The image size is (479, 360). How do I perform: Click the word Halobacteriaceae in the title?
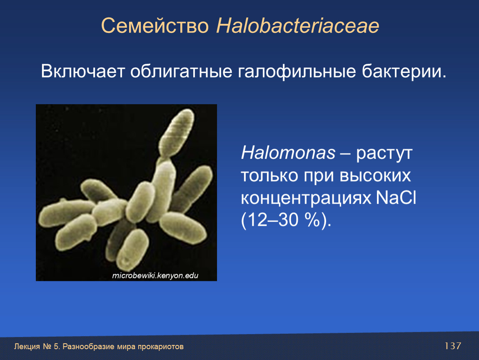[297, 25]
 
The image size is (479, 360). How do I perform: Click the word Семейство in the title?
[155, 26]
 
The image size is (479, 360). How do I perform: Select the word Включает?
[83, 71]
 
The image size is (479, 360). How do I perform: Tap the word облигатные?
[182, 72]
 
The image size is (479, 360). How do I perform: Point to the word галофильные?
[297, 72]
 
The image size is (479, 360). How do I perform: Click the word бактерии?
[404, 72]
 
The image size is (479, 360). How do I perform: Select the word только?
[269, 176]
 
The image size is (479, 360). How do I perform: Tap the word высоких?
[375, 176]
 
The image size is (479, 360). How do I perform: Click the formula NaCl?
[396, 197]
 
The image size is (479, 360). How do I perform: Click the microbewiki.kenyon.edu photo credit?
[155, 276]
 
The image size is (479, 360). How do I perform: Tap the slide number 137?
[453, 346]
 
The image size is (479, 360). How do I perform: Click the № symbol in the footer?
[47, 347]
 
